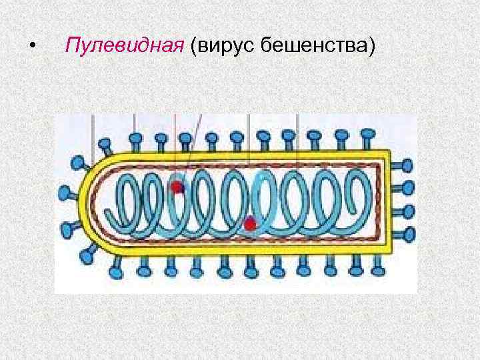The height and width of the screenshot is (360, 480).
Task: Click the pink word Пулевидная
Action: (x=124, y=47)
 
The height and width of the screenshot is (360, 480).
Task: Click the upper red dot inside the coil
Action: (x=178, y=187)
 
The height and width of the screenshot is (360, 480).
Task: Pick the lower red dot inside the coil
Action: (x=250, y=224)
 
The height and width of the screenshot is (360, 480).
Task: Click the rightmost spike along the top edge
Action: (x=367, y=137)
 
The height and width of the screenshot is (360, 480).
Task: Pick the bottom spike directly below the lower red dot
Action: (x=251, y=269)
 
